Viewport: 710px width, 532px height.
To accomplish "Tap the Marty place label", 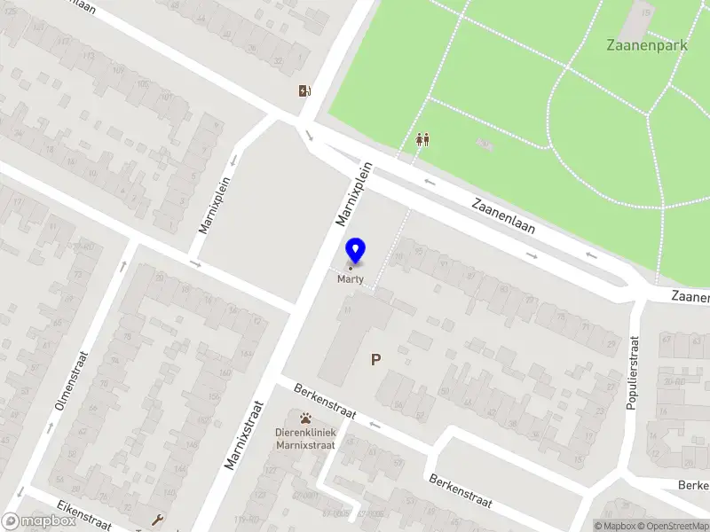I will (351, 278).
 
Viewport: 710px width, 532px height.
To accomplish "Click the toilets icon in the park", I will (423, 140).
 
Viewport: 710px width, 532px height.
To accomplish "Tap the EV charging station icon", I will (305, 90).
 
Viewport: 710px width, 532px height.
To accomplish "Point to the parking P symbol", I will (376, 359).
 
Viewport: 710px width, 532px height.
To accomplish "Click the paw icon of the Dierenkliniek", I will (305, 418).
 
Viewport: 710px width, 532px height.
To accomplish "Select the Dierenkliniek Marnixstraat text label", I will (305, 438).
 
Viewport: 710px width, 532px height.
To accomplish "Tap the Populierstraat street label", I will (633, 372).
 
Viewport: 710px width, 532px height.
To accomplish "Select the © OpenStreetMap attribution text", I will (672, 526).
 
